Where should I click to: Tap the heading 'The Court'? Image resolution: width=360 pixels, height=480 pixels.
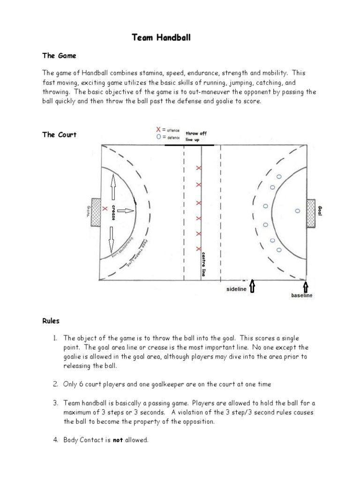(59, 135)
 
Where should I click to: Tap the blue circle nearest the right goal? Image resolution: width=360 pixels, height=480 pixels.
(297, 211)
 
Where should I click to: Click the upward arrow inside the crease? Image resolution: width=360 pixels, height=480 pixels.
(112, 186)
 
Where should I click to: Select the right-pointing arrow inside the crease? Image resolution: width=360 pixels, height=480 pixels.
(124, 211)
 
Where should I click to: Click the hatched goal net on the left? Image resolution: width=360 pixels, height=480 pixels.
(96, 212)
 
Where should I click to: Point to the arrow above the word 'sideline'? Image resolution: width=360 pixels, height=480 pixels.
(253, 286)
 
